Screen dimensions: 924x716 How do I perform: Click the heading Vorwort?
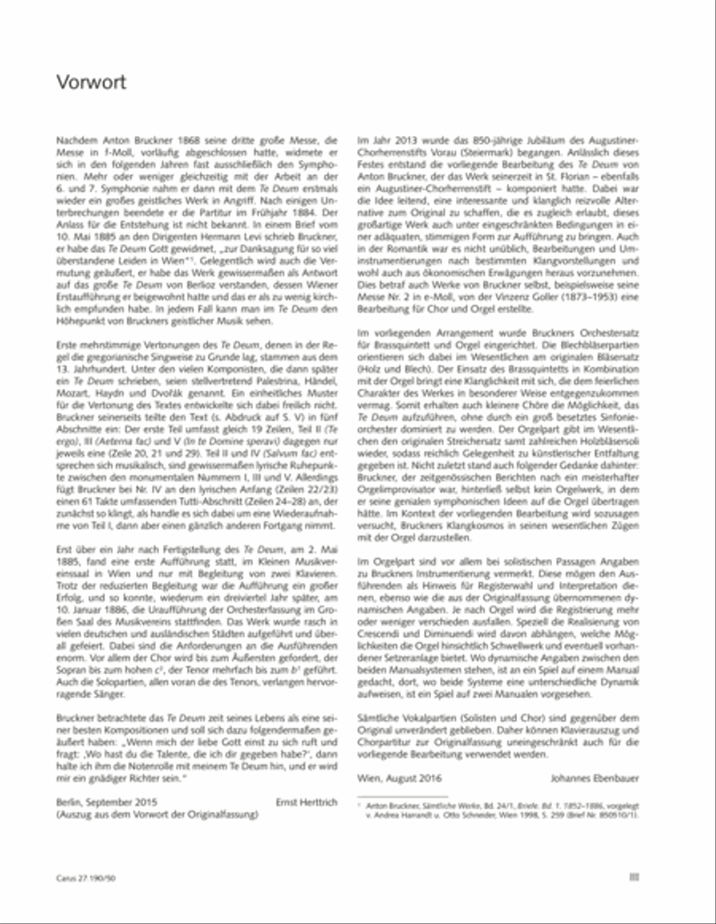pyautogui.click(x=91, y=83)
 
